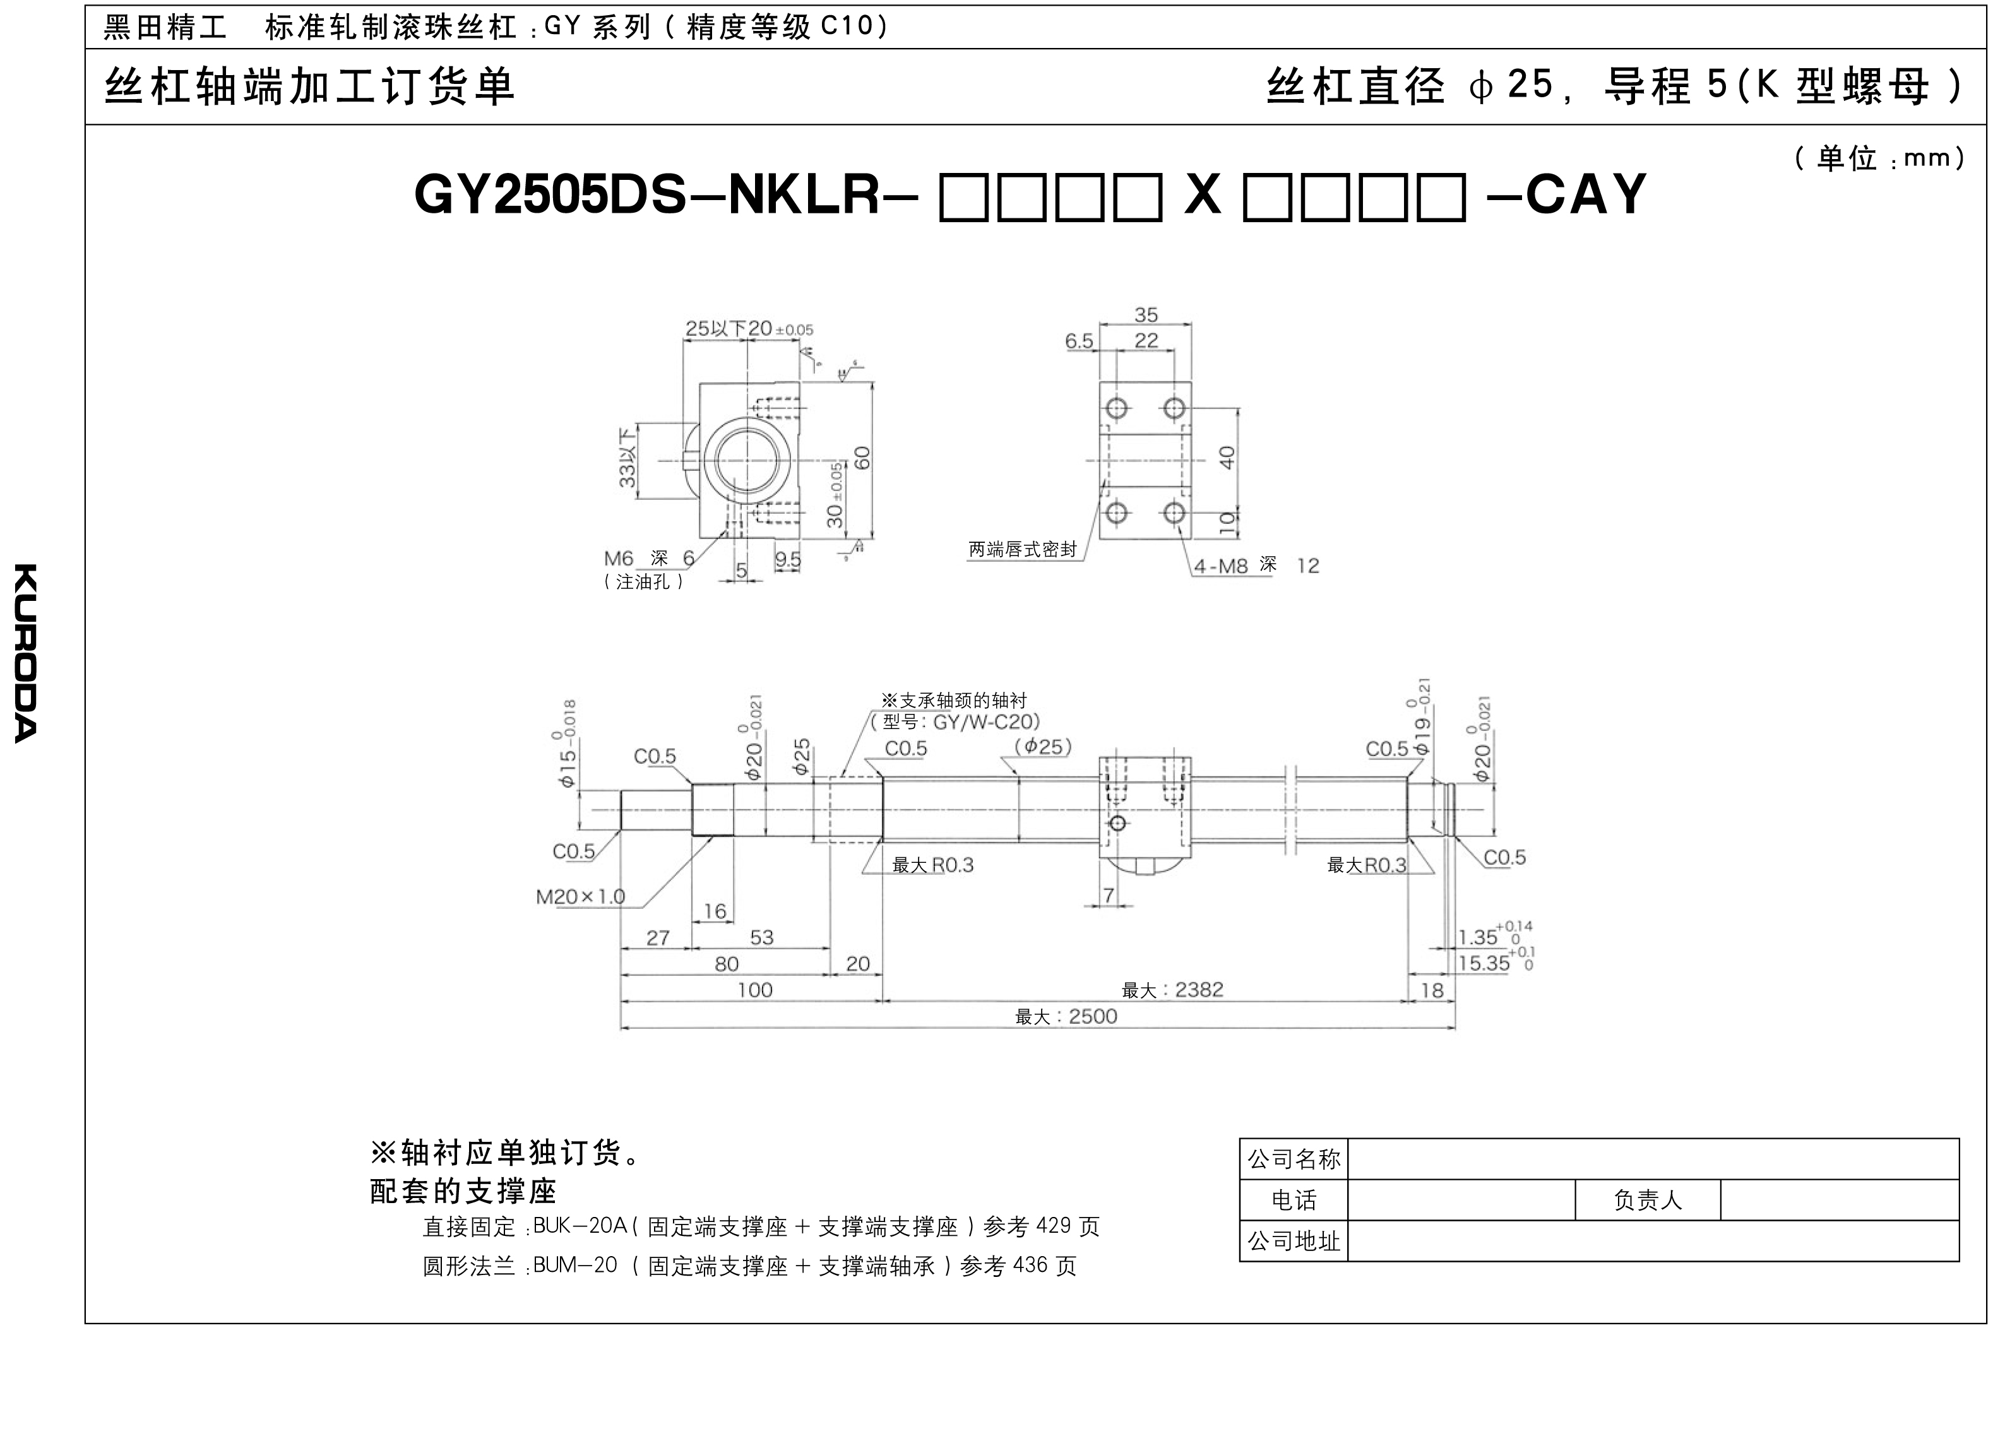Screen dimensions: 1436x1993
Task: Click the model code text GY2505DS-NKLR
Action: (x=646, y=194)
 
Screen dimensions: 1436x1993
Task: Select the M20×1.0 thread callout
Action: (x=580, y=896)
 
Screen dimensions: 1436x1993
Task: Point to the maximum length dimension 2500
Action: (x=1066, y=1017)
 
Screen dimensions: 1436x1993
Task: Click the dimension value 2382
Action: (x=1199, y=990)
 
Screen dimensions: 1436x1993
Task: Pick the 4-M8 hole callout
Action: (x=1220, y=566)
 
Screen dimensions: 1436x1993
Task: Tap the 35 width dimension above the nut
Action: (x=1146, y=314)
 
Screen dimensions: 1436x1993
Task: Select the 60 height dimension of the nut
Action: (x=862, y=458)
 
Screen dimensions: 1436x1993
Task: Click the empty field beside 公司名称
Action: (x=1652, y=1159)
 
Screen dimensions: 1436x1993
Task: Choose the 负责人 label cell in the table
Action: (x=1647, y=1201)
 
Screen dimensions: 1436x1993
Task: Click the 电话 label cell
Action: (x=1294, y=1201)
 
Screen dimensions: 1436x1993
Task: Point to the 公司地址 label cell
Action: (x=1294, y=1241)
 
